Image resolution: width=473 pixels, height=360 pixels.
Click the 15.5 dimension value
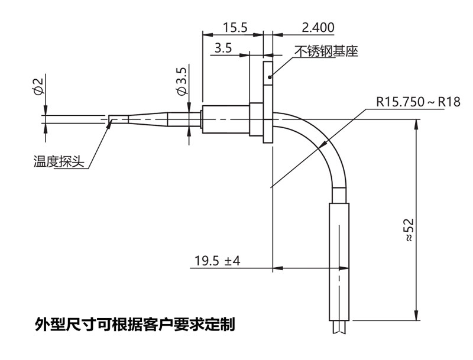pos(235,27)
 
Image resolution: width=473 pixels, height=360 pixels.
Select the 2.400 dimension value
pos(318,27)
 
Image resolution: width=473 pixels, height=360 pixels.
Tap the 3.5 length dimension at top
pos(223,48)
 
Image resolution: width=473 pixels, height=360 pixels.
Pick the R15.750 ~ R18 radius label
pos(418,102)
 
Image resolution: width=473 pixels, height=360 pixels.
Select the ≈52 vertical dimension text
pos(407,231)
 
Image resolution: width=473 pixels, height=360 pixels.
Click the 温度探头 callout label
pos(57,161)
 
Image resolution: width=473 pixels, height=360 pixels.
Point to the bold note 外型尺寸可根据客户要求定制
pos(135,324)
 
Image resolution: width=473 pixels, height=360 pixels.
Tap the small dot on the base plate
pos(268,76)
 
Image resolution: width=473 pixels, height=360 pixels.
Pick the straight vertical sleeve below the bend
pos(339,260)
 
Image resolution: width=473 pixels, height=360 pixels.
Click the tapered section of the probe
pos(148,118)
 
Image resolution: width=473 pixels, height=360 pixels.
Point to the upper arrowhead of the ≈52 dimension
pos(417,124)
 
